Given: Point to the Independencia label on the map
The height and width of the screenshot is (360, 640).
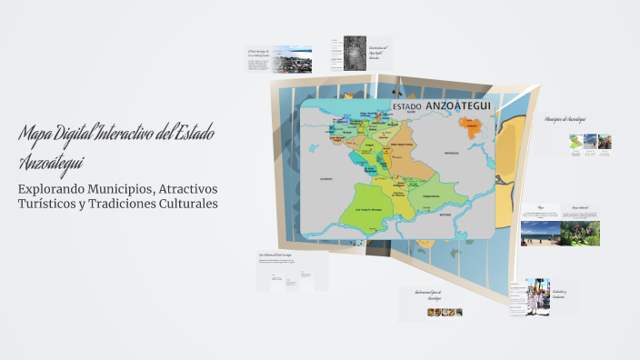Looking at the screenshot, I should tap(432, 195).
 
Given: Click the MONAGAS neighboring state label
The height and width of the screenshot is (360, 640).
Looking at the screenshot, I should tap(452, 155).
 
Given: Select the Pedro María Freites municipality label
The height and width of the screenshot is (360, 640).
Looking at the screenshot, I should tap(402, 145).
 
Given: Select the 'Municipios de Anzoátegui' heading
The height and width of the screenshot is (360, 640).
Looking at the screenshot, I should tap(565, 119).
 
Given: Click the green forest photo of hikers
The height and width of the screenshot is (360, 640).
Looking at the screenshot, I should tap(580, 234).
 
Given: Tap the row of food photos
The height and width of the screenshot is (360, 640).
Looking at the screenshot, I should tap(445, 312).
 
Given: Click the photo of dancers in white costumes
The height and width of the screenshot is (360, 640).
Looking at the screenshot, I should tap(537, 298).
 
